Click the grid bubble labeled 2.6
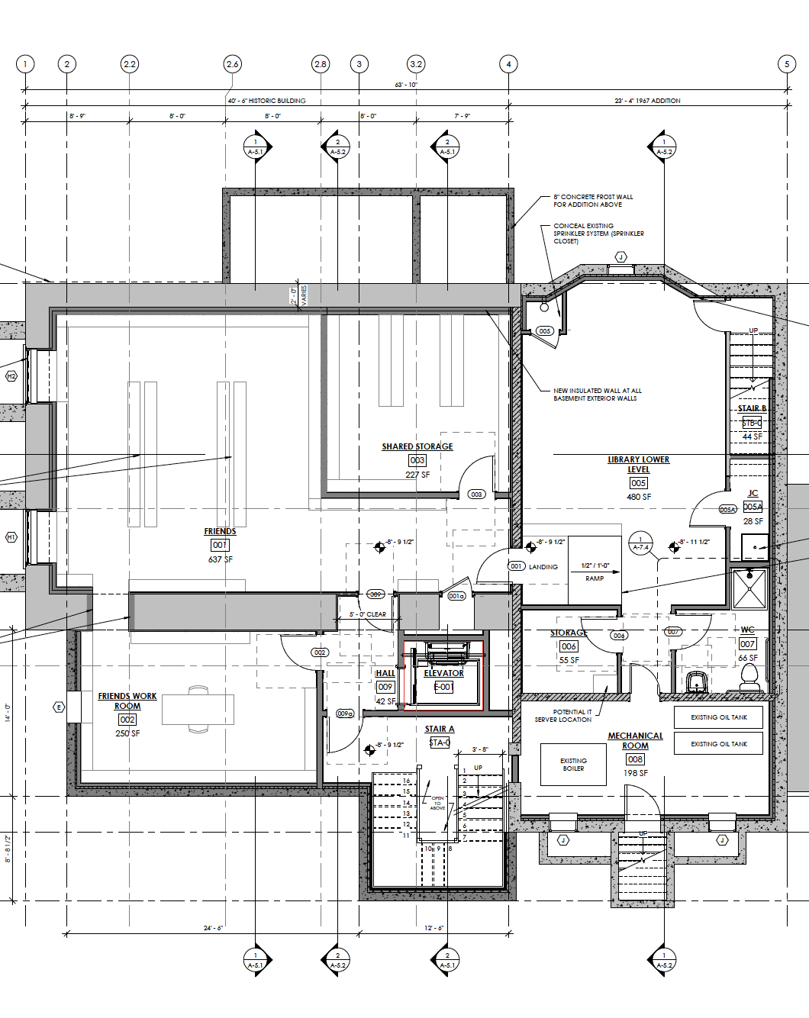[232, 64]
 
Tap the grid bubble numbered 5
[787, 64]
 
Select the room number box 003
[417, 460]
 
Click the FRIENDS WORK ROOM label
[127, 701]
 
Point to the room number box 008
[635, 759]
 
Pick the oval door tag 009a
[345, 714]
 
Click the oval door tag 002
[320, 652]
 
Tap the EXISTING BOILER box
[573, 765]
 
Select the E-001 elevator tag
[443, 687]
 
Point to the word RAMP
[595, 578]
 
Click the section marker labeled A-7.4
[640, 543]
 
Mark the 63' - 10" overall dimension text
[406, 85]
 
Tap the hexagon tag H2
[11, 376]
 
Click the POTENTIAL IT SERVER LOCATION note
[563, 716]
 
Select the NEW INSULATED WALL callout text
[597, 395]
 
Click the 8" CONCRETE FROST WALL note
[593, 201]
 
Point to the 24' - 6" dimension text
[213, 928]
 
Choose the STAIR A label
[440, 729]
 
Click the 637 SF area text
[220, 559]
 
